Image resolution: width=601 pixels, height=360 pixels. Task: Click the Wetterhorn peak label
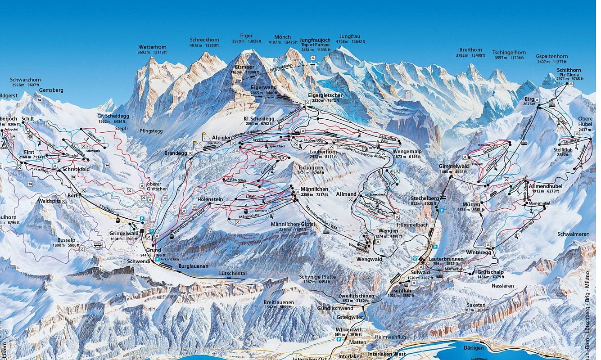click(x=153, y=47)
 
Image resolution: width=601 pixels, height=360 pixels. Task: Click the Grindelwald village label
click(x=123, y=233)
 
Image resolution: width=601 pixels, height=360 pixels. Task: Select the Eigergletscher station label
click(x=325, y=95)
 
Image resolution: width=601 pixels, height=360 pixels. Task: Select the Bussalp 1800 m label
click(x=67, y=240)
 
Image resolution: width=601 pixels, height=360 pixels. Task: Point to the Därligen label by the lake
click(x=471, y=347)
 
